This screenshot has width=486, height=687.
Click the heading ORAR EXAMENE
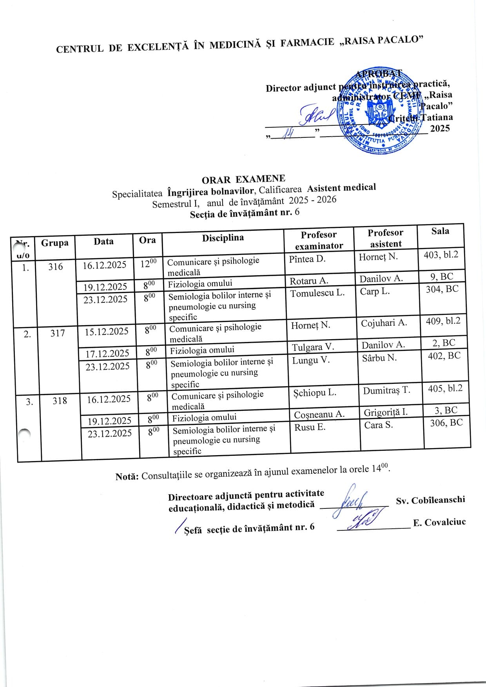(x=243, y=179)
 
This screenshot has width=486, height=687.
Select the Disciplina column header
(x=223, y=238)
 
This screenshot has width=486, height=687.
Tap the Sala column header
(x=440, y=231)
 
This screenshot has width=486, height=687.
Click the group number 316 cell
(x=55, y=267)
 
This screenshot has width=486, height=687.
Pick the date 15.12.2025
(x=107, y=331)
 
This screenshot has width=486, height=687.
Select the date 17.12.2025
(x=107, y=353)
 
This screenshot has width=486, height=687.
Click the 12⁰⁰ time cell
(x=149, y=263)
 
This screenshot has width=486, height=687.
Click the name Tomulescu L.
(x=317, y=293)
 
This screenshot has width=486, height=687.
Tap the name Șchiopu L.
(x=315, y=393)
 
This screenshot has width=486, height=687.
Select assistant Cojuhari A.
(x=384, y=323)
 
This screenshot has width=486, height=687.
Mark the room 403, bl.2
(x=441, y=255)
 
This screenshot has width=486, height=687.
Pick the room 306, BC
(x=446, y=423)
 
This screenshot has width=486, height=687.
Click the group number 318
(x=60, y=401)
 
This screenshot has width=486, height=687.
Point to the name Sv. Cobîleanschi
(x=430, y=500)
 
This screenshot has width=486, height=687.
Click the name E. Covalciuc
(x=439, y=522)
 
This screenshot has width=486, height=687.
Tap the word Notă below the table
(x=127, y=477)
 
